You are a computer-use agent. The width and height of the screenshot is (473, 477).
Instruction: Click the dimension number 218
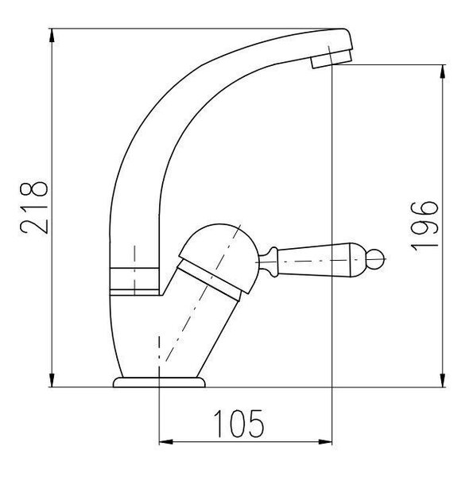34,207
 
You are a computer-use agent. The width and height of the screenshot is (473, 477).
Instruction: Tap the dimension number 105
239,423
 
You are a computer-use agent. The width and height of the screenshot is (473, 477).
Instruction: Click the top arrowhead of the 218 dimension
52,36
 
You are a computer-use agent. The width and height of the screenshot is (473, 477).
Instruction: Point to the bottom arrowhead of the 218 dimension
52,380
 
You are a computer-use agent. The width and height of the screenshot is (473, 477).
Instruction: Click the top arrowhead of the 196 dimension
443,72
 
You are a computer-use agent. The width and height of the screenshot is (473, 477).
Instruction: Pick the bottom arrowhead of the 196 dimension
443,380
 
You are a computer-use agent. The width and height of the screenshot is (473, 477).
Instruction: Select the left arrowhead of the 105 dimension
166,442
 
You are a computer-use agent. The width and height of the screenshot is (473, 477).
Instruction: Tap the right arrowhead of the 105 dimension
325,442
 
